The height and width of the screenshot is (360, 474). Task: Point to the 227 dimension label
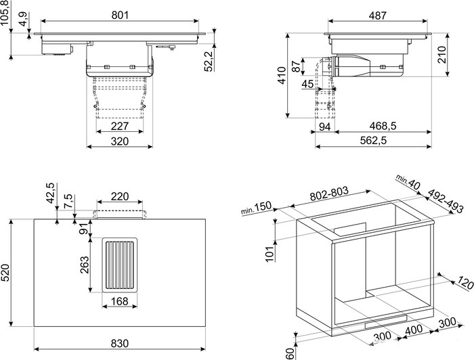click(x=120, y=126)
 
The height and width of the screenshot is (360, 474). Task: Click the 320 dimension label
click(x=120, y=141)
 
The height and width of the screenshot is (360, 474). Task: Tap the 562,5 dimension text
click(x=372, y=141)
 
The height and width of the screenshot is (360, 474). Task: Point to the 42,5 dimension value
click(x=49, y=192)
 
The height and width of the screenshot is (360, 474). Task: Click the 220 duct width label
click(x=120, y=197)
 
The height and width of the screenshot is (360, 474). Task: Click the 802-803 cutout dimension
click(x=329, y=194)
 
